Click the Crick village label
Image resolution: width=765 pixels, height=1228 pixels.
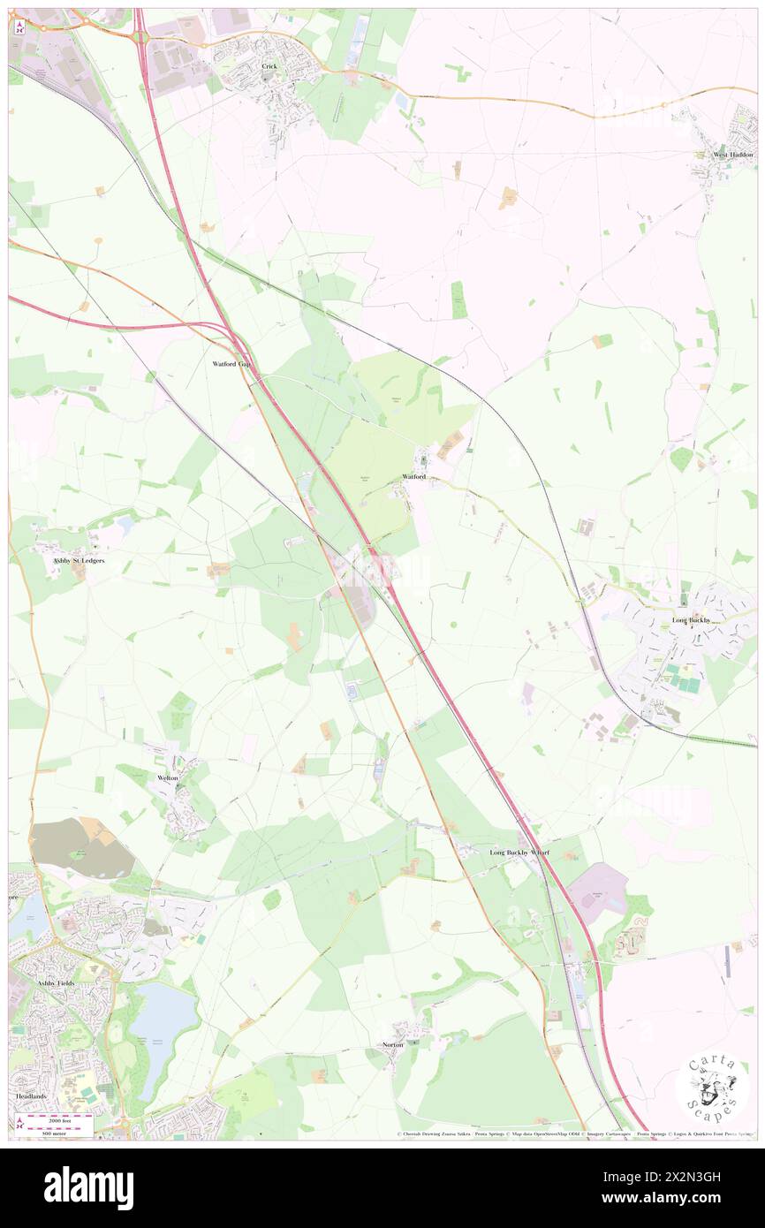[269, 66]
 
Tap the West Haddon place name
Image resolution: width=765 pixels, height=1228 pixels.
[734, 155]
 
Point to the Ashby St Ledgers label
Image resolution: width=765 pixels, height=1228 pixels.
[80, 560]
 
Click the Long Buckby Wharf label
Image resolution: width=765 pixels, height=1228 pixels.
[520, 853]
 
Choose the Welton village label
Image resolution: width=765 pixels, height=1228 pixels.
[168, 777]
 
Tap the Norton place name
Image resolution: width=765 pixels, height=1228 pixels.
[393, 1044]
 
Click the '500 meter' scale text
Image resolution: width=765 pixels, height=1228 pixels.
[59, 1132]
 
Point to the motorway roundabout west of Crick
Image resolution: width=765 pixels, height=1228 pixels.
[140, 37]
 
